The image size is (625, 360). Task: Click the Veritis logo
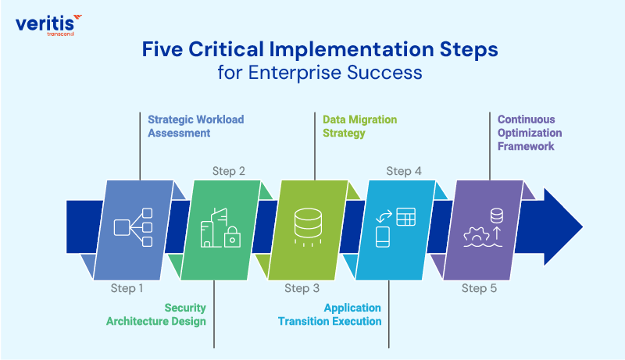[48, 24]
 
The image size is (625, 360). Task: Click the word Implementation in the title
[337, 49]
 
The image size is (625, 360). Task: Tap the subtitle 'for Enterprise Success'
[320, 73]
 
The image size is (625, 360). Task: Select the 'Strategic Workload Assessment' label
[195, 127]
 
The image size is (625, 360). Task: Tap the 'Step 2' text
[229, 171]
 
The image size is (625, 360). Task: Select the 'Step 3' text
[302, 288]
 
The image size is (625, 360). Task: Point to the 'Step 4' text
[404, 171]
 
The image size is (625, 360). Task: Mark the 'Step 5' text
[479, 288]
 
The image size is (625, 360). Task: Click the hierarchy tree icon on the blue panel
[131, 227]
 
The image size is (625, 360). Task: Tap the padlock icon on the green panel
[231, 239]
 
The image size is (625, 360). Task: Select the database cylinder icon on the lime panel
[305, 222]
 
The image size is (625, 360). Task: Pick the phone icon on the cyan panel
[384, 236]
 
